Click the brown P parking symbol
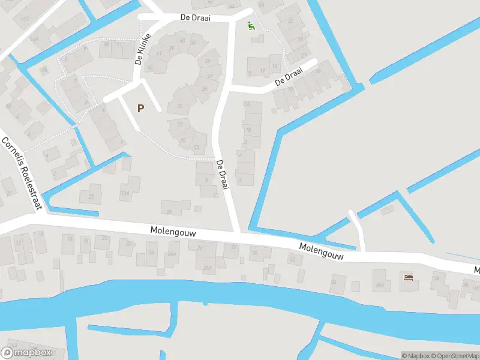click(x=141, y=109)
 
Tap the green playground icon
click(x=251, y=26)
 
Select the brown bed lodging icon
click(x=409, y=277)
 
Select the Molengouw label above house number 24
click(x=173, y=232)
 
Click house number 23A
click(x=125, y=192)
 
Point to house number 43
click(x=150, y=67)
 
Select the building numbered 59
click(x=208, y=60)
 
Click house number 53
click(x=196, y=148)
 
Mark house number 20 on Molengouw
click(x=105, y=238)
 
